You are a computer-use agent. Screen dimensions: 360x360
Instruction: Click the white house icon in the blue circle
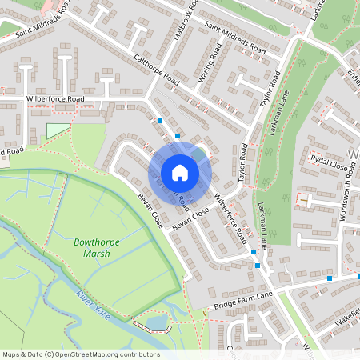(180, 172)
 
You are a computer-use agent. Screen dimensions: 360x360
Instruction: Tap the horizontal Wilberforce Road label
(55, 99)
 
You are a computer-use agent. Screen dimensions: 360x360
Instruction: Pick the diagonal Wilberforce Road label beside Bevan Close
(229, 217)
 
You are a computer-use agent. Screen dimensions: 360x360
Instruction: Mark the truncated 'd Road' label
(12, 150)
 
